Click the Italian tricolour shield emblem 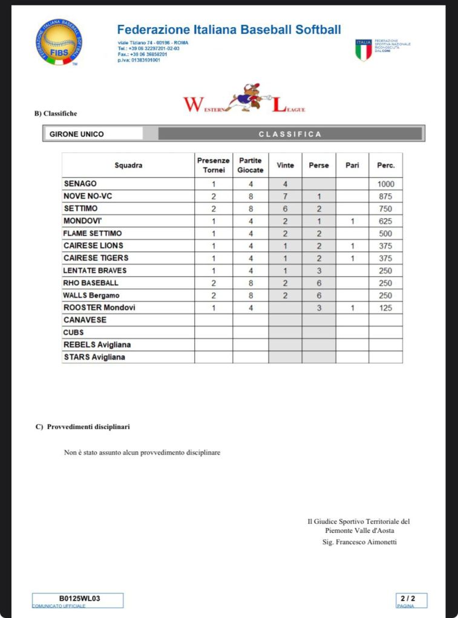coord(363,50)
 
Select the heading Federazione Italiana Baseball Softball coord(229,30)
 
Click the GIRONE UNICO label coord(77,134)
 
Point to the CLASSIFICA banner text coord(290,134)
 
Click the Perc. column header coord(385,166)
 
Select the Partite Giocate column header coord(250,166)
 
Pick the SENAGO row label coord(80,184)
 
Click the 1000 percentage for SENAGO coord(385,184)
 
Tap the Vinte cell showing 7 coord(285,196)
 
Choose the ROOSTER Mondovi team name coord(99,307)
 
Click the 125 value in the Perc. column coord(385,308)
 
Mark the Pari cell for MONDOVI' coord(352,221)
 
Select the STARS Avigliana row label coord(94,357)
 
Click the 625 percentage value coord(385,221)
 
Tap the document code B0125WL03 coord(79,599)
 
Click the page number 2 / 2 coord(412,599)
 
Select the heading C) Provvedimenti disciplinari coord(83,427)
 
